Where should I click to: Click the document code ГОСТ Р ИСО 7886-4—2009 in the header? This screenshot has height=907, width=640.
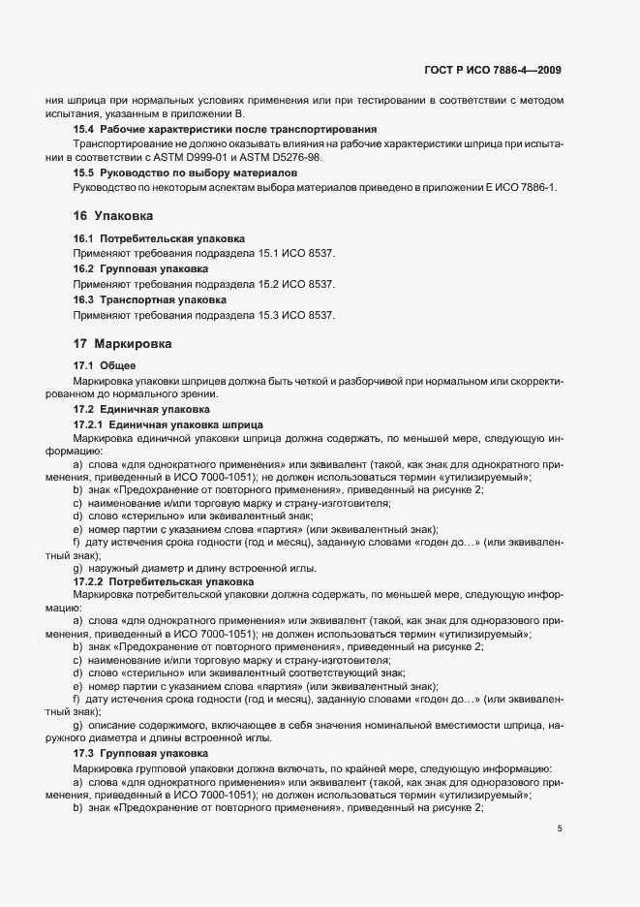tap(493, 70)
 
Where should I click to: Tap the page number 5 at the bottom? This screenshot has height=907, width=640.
tap(560, 829)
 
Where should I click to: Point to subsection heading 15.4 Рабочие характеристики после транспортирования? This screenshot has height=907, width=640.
tap(225, 129)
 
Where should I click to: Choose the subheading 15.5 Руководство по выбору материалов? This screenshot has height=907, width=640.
tap(191, 172)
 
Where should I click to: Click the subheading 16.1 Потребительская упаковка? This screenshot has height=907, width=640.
tap(160, 238)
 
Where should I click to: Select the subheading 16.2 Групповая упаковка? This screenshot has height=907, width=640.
tap(142, 266)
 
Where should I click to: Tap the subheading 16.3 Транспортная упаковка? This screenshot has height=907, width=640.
tap(152, 300)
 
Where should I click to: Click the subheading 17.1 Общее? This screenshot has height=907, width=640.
tap(105, 365)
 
